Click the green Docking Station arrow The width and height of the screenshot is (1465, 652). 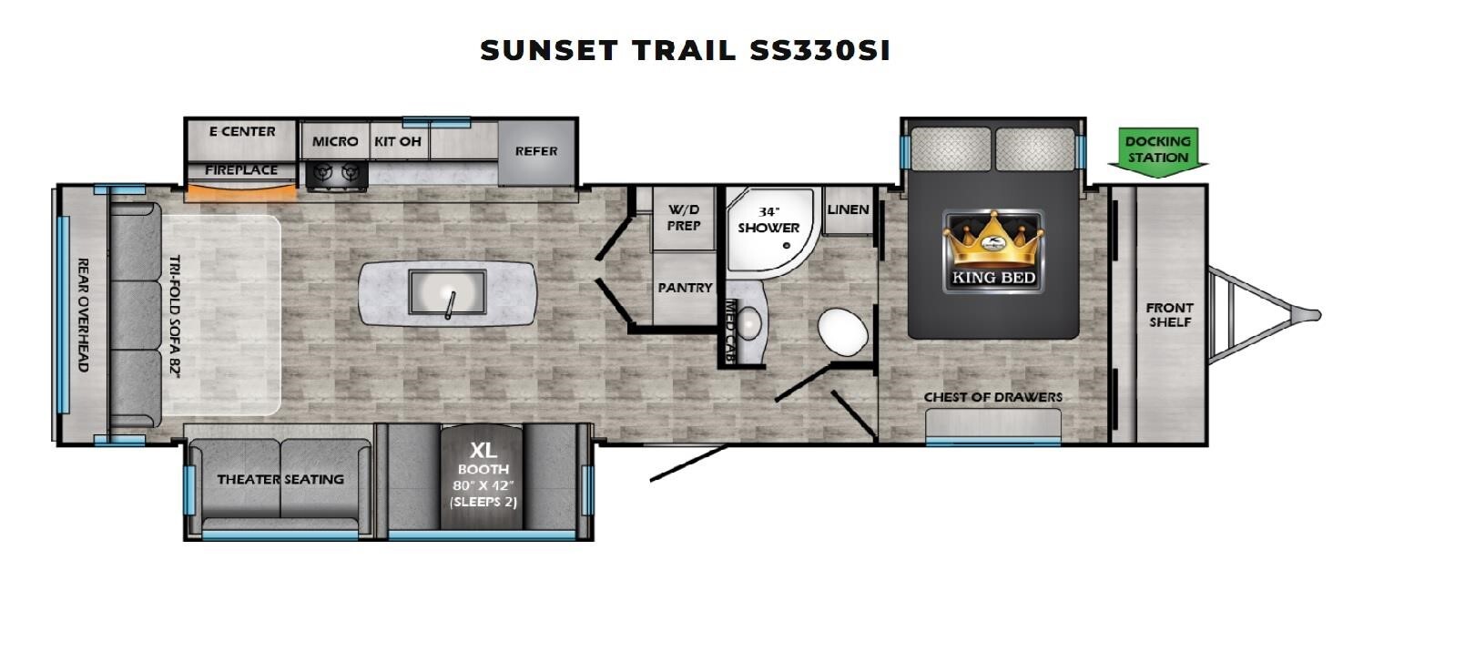point(1157,152)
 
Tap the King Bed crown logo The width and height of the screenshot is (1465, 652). point(992,250)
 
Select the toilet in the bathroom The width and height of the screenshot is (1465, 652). point(843,331)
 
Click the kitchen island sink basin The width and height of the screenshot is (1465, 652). point(447,291)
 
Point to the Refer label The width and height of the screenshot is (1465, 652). point(536,151)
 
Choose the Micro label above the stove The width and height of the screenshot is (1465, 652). point(335,141)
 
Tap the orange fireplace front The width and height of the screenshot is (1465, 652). point(241,192)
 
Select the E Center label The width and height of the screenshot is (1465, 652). point(242,131)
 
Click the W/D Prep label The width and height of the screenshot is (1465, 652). point(684,218)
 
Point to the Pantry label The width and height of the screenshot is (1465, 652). point(685,288)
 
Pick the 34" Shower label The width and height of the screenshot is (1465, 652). point(769,220)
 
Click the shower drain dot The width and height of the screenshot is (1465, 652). point(787,246)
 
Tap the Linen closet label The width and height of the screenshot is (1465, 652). point(849,210)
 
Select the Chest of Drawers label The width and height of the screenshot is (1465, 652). point(992,397)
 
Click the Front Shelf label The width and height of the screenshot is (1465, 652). point(1170,314)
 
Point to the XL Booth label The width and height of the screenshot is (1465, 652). point(483,459)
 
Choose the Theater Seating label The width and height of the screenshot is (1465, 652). point(280,479)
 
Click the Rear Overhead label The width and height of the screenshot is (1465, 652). point(83,315)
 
